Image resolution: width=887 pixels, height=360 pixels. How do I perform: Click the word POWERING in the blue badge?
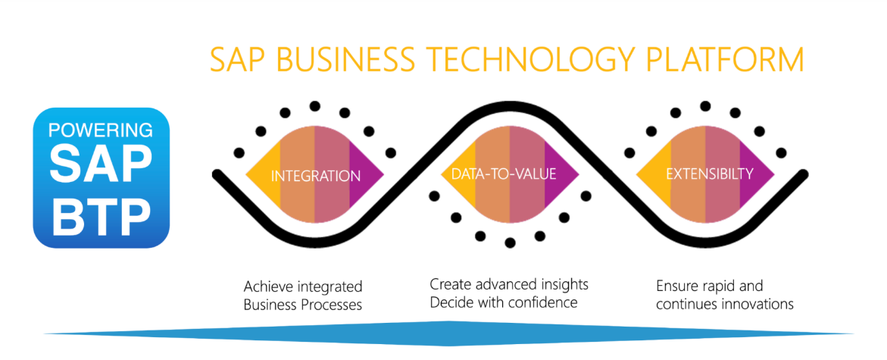pyautogui.click(x=101, y=130)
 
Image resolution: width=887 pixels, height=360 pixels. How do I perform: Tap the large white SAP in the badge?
pyautogui.click(x=101, y=164)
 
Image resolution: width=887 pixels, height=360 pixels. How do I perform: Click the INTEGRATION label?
pyautogui.click(x=316, y=176)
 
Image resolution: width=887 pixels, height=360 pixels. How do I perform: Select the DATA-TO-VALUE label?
pyautogui.click(x=504, y=174)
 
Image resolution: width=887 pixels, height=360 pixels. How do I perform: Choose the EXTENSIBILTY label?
pyautogui.click(x=710, y=174)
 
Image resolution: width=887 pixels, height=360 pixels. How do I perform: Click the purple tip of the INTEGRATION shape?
pyautogui.click(x=383, y=174)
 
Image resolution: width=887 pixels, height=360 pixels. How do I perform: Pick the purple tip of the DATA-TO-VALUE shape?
pyautogui.click(x=577, y=174)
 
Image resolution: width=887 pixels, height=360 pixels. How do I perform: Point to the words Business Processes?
pyautogui.click(x=303, y=305)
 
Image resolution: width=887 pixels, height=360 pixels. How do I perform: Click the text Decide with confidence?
pyautogui.click(x=504, y=302)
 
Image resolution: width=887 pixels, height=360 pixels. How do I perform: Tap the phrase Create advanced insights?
pyautogui.click(x=509, y=283)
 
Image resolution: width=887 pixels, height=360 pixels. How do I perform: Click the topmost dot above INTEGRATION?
pyautogui.click(x=315, y=106)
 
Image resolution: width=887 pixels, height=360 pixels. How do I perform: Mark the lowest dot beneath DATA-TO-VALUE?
pyautogui.click(x=510, y=243)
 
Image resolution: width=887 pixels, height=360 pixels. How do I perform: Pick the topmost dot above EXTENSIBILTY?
pyautogui.click(x=705, y=106)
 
